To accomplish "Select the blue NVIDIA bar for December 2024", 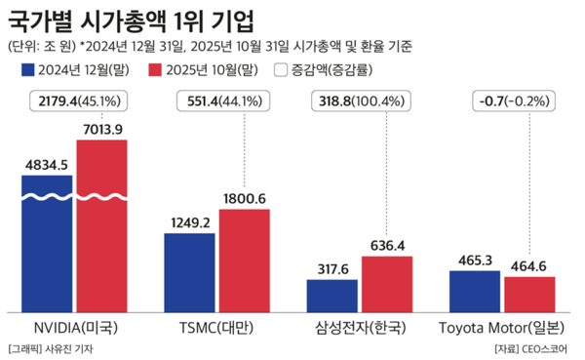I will (47, 244).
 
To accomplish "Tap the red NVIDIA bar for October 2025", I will (102, 224).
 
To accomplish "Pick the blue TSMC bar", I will (189, 272).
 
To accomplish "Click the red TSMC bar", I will (245, 260).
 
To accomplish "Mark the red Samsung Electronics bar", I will (387, 284).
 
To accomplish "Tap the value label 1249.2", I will (189, 221).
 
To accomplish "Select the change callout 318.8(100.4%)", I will (361, 100).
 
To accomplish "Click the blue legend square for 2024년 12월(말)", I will (26, 70).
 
